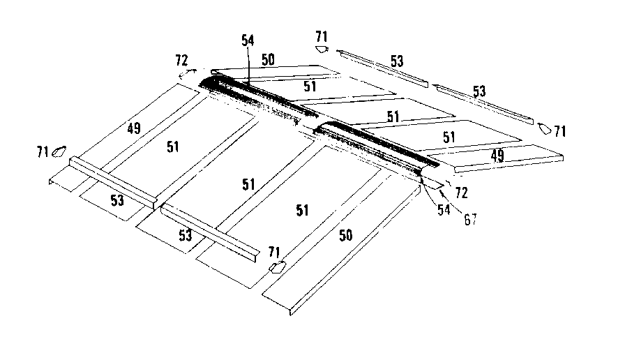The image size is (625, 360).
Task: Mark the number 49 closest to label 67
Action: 497,156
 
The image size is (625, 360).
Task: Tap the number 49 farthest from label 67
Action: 135,128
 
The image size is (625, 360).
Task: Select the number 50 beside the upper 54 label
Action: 267,60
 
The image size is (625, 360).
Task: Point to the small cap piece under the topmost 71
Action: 321,50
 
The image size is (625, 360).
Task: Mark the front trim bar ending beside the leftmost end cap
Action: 112,181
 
